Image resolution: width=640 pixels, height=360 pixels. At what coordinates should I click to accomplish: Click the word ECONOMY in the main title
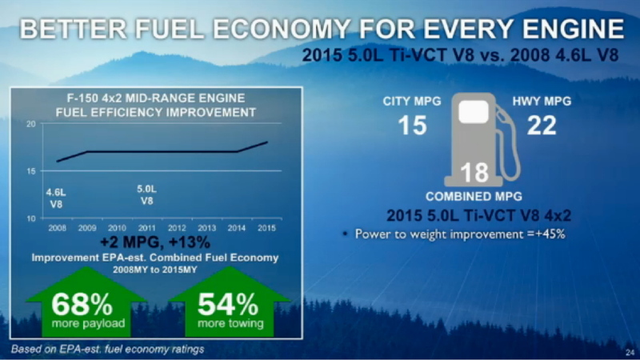tap(282, 29)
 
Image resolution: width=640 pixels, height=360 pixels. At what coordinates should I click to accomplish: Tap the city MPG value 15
tap(412, 126)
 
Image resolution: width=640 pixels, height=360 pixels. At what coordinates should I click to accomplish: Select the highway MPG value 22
tap(542, 126)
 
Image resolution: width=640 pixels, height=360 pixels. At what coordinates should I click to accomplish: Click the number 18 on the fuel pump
tap(474, 172)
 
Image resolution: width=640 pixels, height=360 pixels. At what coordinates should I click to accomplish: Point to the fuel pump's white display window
tap(474, 111)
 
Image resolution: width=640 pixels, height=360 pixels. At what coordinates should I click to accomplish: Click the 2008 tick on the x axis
tap(57, 228)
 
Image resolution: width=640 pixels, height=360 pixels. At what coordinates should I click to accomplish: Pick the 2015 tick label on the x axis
tap(266, 228)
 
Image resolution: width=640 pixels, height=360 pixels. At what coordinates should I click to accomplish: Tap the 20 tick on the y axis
tap(31, 124)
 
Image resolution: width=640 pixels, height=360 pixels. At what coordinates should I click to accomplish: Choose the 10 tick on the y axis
tap(31, 218)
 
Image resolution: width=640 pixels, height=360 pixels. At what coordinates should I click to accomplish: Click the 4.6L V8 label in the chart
tap(56, 198)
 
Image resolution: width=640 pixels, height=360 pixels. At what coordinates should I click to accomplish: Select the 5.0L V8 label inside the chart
tap(146, 194)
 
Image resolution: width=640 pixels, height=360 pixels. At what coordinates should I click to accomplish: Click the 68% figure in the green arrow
tap(82, 304)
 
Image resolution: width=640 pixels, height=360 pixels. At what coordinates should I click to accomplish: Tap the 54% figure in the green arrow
tap(228, 304)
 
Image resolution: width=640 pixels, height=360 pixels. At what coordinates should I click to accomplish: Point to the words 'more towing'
tap(230, 324)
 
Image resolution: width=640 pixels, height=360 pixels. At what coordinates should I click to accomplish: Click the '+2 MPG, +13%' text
tap(155, 242)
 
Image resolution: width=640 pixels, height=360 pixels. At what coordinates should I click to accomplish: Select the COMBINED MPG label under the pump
tap(474, 197)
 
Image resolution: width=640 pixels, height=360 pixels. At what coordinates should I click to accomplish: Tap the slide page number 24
tap(630, 352)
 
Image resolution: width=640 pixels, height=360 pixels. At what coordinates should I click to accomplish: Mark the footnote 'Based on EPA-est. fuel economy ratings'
tap(107, 350)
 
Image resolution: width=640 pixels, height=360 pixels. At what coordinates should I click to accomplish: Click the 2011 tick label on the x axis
tap(146, 228)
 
